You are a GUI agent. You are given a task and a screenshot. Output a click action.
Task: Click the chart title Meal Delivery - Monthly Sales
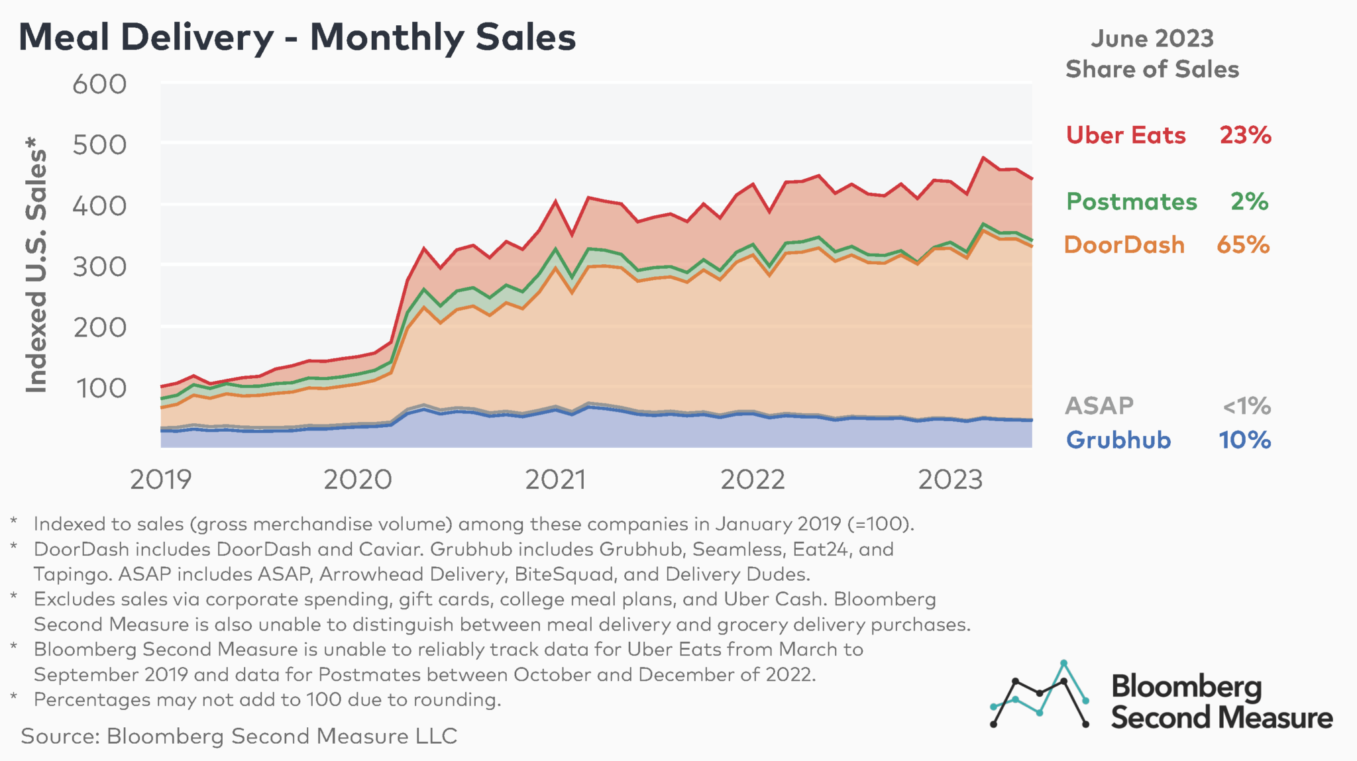click(297, 38)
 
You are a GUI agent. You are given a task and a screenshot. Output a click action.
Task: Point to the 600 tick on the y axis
click(99, 85)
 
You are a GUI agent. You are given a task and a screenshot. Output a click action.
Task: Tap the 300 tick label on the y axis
click(99, 267)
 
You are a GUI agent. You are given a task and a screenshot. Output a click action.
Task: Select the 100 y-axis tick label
click(101, 388)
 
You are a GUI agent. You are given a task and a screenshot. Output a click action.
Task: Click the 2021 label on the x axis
click(555, 480)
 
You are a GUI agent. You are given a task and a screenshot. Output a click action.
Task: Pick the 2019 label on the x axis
click(160, 480)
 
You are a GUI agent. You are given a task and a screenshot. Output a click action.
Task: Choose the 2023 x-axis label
click(950, 480)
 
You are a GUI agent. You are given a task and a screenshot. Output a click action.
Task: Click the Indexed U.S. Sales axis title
click(36, 265)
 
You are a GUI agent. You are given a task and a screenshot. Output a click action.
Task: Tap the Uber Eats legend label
click(1125, 135)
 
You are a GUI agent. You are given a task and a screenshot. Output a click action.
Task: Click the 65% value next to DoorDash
click(1243, 245)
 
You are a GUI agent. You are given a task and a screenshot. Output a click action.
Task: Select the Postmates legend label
click(1131, 201)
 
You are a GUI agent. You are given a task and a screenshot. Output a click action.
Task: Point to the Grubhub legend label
click(1118, 440)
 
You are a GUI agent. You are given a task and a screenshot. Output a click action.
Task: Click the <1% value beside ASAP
click(1246, 405)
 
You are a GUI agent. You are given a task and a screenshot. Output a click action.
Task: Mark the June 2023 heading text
click(1152, 38)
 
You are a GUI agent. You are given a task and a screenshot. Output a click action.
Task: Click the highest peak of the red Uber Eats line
click(983, 158)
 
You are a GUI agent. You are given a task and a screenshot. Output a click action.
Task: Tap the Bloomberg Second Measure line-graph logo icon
click(1039, 694)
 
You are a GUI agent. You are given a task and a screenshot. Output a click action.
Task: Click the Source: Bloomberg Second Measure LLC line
click(239, 736)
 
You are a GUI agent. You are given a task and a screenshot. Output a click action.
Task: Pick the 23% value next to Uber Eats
click(1245, 135)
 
